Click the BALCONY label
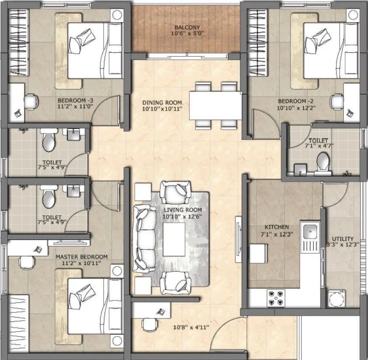click(187, 28)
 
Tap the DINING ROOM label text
click(162, 103)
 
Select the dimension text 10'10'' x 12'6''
click(182, 217)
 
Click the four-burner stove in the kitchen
click(276, 298)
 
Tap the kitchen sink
click(310, 231)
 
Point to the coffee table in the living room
click(174, 239)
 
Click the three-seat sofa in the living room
click(144, 239)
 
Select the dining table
click(215, 105)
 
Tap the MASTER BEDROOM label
click(81, 257)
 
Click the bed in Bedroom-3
click(95, 50)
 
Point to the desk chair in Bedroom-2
click(337, 101)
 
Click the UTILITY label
click(343, 239)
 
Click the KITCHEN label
click(277, 227)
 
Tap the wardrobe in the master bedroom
click(18, 324)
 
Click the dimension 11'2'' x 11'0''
click(75, 106)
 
